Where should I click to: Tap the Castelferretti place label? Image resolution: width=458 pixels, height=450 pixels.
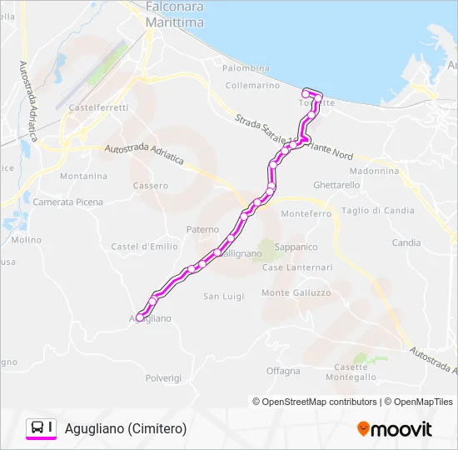(98, 108)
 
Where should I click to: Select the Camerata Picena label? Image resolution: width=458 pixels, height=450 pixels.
(68, 202)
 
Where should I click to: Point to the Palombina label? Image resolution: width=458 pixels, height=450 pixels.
(246, 68)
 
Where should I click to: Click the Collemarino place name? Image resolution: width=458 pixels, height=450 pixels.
(252, 86)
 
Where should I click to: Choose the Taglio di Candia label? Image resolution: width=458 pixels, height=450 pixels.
(377, 211)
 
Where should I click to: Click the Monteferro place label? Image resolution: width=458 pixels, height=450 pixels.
(306, 214)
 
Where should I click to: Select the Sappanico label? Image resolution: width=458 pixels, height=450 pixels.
(296, 247)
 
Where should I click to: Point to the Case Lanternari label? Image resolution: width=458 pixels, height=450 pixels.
(297, 267)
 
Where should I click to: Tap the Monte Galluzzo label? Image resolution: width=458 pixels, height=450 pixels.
(296, 293)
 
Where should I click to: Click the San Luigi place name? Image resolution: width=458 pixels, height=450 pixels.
(223, 297)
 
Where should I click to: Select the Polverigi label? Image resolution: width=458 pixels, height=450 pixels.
(163, 377)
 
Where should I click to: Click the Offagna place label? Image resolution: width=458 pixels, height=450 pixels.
(283, 371)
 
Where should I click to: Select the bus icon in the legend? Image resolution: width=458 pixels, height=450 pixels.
(38, 427)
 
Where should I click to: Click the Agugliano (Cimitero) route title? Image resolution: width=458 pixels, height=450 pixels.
(126, 428)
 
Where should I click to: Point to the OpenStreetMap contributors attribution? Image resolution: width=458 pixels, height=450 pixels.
(320, 402)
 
